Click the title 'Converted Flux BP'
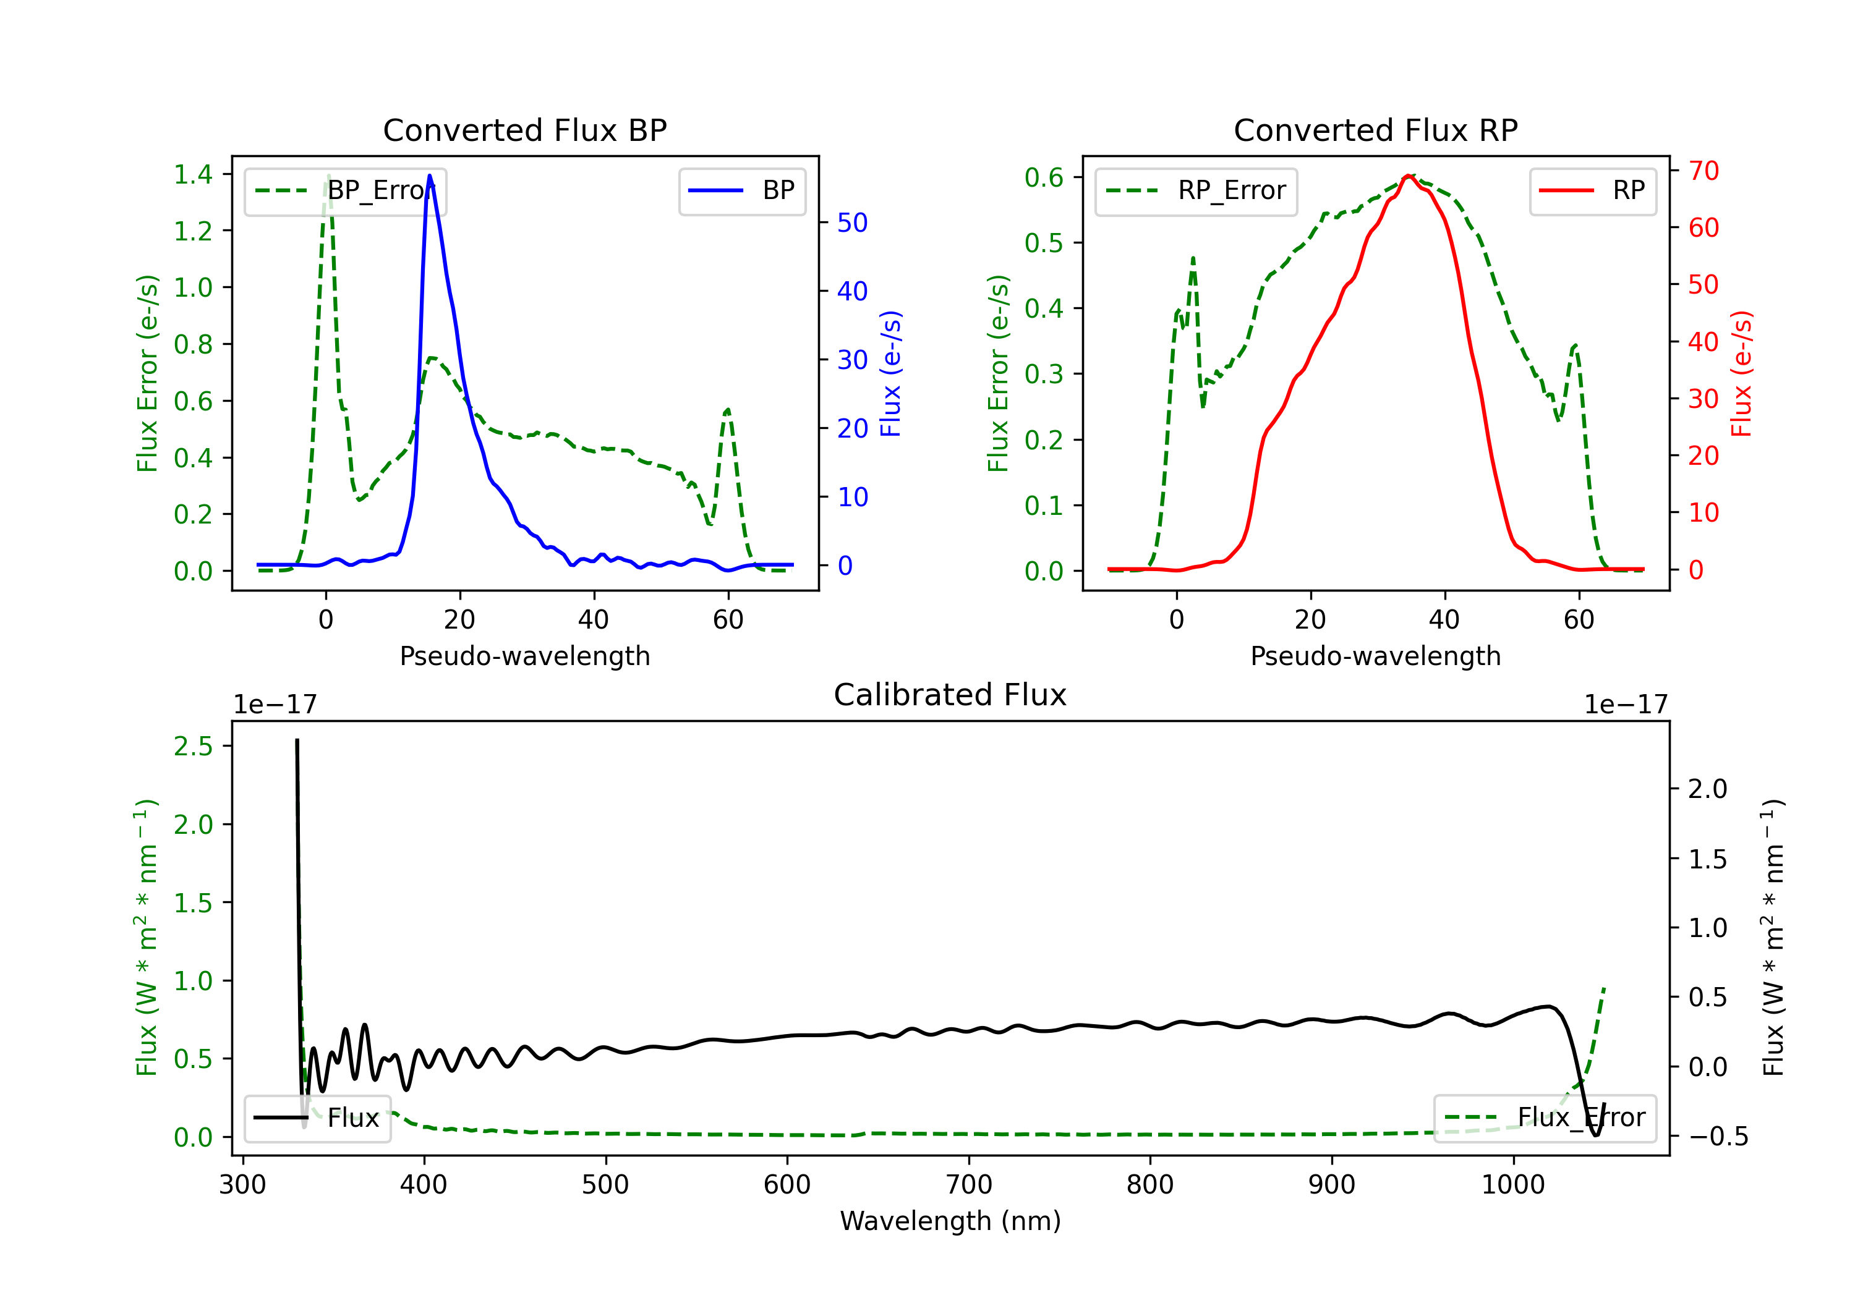click(524, 130)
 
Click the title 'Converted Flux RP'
click(1375, 130)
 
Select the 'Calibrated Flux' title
click(950, 695)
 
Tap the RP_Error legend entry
click(1196, 190)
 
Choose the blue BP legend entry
click(741, 190)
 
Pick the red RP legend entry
click(1592, 190)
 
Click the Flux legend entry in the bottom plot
click(317, 1118)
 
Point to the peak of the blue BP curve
click(429, 176)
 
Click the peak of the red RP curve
click(1407, 176)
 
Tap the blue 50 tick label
click(852, 223)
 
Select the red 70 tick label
click(1703, 171)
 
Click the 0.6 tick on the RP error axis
click(1044, 177)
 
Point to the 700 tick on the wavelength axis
click(969, 1185)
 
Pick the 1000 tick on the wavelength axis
click(1513, 1185)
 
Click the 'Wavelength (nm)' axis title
click(950, 1221)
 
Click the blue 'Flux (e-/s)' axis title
click(890, 374)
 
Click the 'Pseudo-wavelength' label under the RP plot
click(1375, 656)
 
